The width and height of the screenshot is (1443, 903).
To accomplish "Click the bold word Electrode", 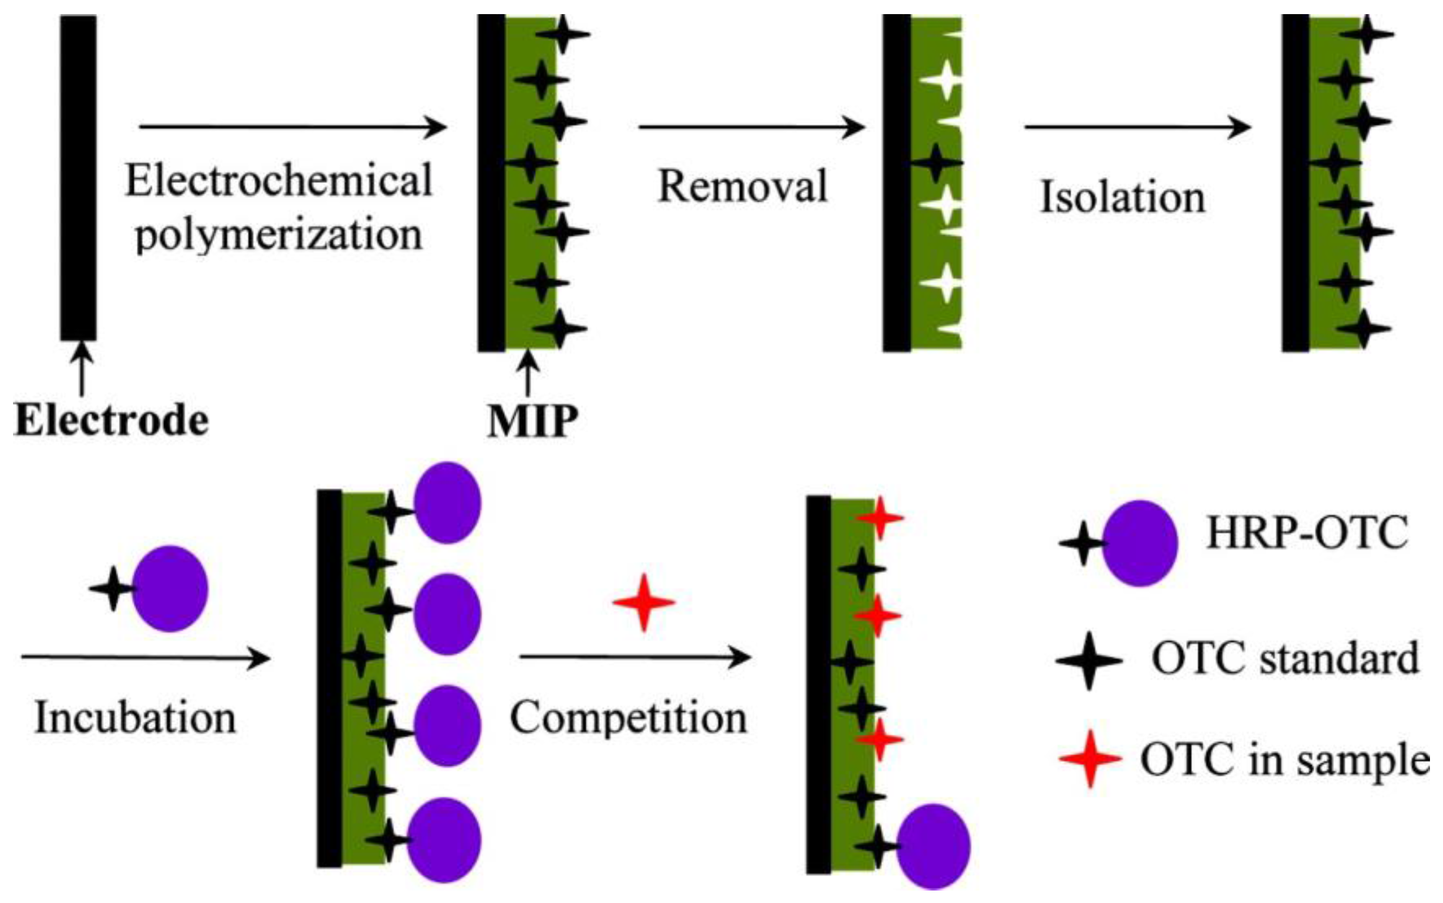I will click(111, 421).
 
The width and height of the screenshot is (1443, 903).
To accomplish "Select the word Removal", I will click(742, 186).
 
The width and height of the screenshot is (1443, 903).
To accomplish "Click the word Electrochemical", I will click(278, 180).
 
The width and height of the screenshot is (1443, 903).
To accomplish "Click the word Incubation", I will click(136, 717).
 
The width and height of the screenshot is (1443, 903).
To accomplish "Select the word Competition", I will click(628, 717).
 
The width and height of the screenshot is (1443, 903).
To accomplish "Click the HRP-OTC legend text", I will click(1307, 533).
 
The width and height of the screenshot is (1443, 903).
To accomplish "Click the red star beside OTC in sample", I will click(1090, 759).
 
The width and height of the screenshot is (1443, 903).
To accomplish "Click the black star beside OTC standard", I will click(1089, 660).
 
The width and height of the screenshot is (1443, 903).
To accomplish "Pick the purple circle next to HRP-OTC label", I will click(1139, 543).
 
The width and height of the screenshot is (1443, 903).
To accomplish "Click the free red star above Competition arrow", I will click(643, 603).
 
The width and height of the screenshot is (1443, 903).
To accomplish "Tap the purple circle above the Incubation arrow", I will click(169, 588).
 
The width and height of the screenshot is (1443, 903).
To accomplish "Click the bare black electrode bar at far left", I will click(78, 178).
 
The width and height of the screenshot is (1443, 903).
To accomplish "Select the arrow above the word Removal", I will click(751, 127).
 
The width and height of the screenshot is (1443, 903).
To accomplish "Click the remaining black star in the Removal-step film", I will click(935, 162).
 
